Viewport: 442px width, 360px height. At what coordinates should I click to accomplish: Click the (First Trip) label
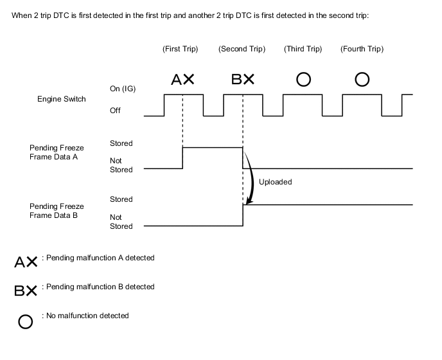[x=180, y=49]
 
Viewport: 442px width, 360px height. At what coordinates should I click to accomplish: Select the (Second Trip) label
[x=242, y=49]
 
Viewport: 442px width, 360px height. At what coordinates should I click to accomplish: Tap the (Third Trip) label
[x=303, y=49]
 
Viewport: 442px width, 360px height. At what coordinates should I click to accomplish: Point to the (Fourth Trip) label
[x=362, y=49]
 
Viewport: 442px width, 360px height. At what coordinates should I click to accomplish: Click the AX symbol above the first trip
[x=182, y=79]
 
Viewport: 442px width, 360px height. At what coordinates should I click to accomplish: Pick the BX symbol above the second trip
[x=243, y=79]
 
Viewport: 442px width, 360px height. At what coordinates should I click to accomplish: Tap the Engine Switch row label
[x=62, y=99]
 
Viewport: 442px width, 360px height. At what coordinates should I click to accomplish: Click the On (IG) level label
[x=123, y=89]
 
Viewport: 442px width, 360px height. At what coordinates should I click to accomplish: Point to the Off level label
[x=115, y=111]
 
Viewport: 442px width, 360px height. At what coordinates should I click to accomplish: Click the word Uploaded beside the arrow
[x=276, y=182]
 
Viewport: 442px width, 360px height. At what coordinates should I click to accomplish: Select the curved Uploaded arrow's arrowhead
[x=249, y=201]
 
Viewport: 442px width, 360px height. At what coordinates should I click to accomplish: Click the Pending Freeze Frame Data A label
[x=57, y=152]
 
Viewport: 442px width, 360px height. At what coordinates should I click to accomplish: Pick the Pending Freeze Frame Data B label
[x=57, y=211]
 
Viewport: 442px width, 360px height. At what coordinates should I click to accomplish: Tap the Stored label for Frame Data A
[x=121, y=143]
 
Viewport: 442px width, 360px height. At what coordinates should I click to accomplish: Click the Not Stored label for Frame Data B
[x=121, y=222]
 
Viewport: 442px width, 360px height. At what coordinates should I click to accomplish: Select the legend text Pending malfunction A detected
[x=100, y=258]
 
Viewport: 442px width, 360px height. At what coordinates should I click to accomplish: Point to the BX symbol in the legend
[x=26, y=291]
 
